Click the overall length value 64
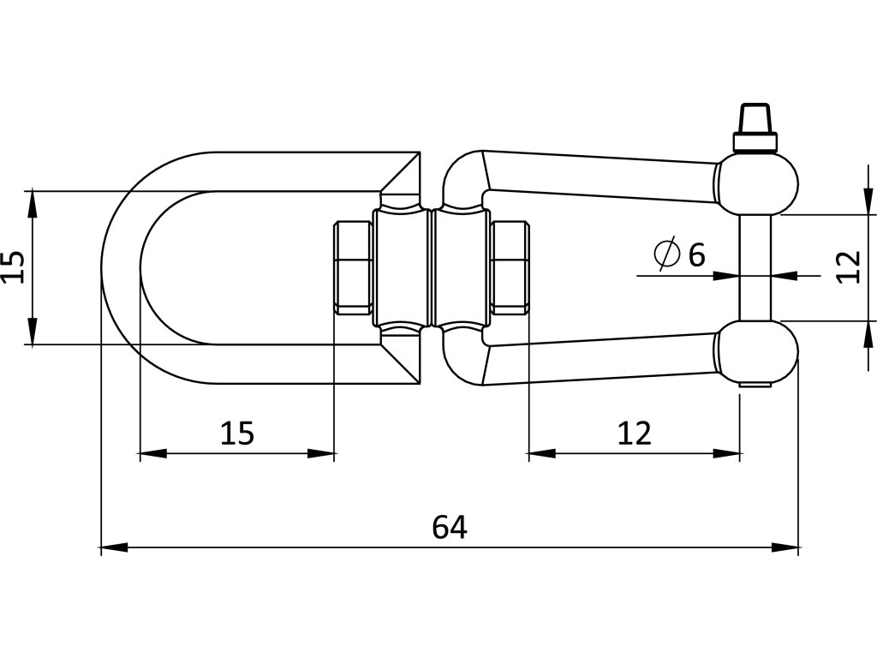(x=449, y=527)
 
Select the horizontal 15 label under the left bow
(x=237, y=434)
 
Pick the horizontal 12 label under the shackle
(x=635, y=434)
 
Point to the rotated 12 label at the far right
(x=847, y=267)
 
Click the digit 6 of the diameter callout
(x=696, y=254)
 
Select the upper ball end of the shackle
(x=757, y=182)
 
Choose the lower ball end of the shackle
(x=757, y=351)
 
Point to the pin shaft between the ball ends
(x=756, y=267)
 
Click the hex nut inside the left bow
(x=352, y=266)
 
